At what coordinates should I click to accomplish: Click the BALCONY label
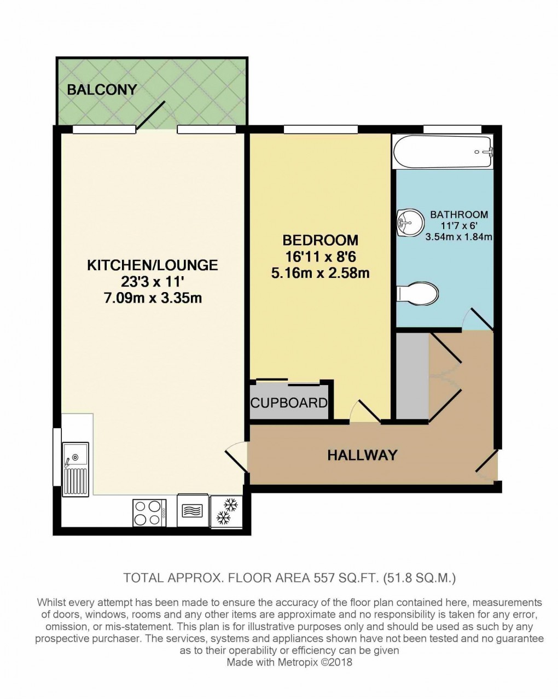point(102,90)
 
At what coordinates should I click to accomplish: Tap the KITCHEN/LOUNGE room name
point(153,265)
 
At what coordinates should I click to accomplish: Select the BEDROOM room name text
point(321,240)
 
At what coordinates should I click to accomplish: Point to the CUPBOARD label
point(289,403)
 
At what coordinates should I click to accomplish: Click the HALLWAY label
point(362,455)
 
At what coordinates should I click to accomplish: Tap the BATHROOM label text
point(458,214)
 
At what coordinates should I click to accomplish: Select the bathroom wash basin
point(410,222)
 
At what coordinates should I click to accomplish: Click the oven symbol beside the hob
point(193,511)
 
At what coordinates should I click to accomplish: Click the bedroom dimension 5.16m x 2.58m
point(321,272)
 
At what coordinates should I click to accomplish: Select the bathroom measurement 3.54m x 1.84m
point(458,237)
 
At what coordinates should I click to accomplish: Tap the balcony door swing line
point(150,116)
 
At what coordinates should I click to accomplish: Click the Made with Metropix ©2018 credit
point(289,662)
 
